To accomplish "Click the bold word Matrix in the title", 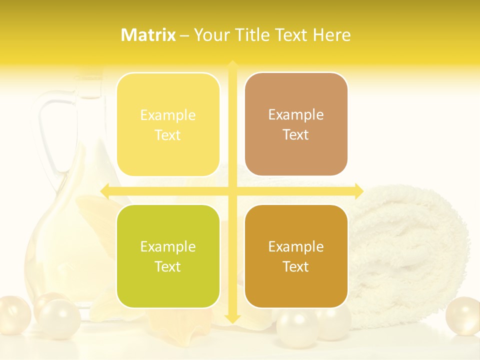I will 148,35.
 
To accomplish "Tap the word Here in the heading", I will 331,35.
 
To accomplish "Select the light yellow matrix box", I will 168,124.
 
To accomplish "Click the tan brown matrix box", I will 296,124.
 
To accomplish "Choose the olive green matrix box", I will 168,256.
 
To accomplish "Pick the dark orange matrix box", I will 296,256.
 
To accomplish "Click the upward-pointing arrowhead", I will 232,65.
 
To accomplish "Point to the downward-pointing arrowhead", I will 232,318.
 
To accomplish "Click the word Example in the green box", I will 167,246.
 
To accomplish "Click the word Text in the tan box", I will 295,134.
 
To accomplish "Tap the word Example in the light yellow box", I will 167,115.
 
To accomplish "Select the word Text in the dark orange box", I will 295,266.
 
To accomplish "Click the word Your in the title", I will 210,35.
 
